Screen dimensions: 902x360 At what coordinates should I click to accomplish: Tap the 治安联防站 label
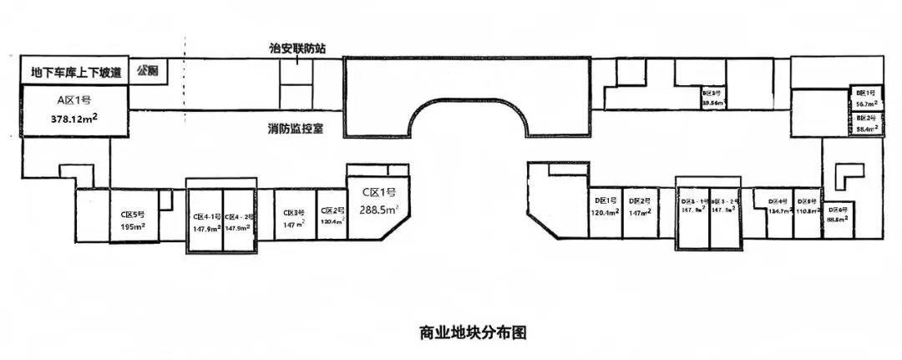291,48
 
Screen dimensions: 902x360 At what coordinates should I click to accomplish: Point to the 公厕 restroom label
148,69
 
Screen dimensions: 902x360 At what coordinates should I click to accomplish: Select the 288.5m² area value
378,210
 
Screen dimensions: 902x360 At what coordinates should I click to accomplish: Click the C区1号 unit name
378,193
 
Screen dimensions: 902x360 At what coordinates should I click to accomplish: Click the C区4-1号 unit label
205,215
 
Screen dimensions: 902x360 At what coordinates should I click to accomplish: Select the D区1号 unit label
606,201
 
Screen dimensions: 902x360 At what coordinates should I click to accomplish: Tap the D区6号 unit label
838,209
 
